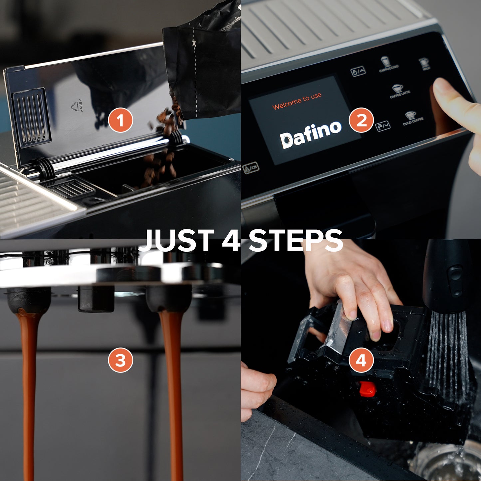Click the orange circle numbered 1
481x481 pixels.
[x=120, y=120]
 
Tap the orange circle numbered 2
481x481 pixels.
[x=361, y=120]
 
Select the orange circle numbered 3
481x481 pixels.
[x=120, y=360]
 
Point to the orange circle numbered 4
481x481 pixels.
[x=361, y=360]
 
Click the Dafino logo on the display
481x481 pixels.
[x=311, y=135]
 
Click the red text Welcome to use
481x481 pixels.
[x=297, y=101]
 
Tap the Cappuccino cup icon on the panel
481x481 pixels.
[x=385, y=62]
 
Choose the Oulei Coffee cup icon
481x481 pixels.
[x=410, y=116]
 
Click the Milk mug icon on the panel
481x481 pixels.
[x=424, y=63]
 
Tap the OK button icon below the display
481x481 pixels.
[x=251, y=168]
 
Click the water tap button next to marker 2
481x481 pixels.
[x=383, y=126]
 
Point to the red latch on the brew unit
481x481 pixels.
[x=367, y=388]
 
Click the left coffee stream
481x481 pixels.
[x=29, y=383]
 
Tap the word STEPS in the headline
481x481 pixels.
[x=296, y=240]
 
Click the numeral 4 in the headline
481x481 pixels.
[x=231, y=240]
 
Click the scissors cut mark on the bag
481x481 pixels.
[x=193, y=43]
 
